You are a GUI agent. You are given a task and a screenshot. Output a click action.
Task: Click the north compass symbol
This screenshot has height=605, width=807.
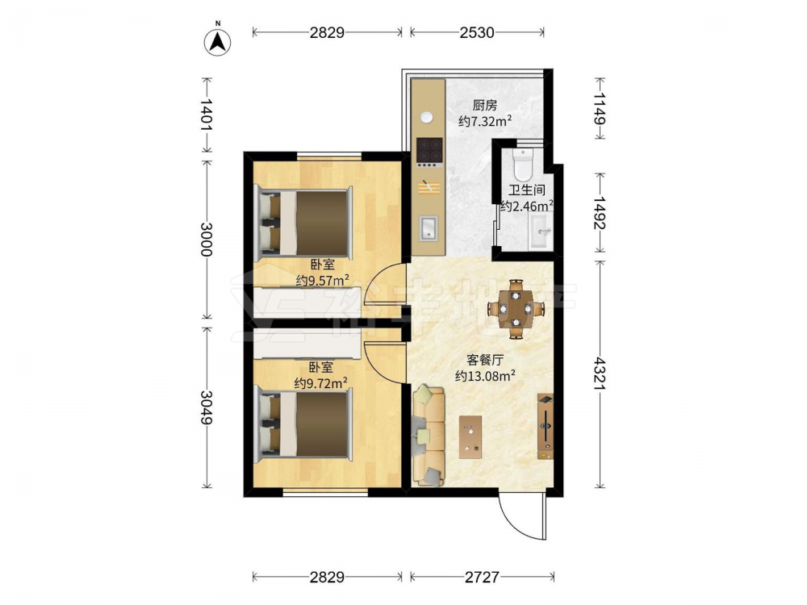(218, 42)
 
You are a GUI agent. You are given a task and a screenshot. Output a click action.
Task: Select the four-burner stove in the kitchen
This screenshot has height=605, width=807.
(429, 152)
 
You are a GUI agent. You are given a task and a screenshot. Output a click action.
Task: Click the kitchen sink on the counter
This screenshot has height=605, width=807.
(429, 228)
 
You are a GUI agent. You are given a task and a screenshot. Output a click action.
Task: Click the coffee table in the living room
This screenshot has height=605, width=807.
(470, 436)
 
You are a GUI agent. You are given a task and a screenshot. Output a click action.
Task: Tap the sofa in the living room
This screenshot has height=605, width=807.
(429, 436)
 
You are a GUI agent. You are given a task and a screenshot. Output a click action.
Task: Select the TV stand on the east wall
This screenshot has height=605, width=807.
(546, 427)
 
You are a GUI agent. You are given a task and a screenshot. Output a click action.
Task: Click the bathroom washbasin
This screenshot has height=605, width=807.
(541, 232)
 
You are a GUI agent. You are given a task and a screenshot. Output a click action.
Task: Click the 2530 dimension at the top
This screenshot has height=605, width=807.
(477, 32)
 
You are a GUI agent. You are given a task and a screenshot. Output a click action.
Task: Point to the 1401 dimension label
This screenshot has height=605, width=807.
(207, 115)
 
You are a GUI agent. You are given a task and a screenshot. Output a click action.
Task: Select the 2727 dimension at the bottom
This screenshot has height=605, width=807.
(482, 578)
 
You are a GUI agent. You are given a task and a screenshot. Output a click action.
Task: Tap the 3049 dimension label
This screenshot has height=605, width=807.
(207, 407)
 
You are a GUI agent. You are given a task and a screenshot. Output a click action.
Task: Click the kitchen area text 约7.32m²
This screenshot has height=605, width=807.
(485, 122)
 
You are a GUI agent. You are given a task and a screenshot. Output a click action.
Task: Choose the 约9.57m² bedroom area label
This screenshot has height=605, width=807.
(323, 281)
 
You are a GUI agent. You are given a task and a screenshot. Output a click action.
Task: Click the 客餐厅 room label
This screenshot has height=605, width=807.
(485, 360)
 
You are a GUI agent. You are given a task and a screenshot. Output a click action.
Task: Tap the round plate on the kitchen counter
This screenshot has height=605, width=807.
(427, 117)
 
